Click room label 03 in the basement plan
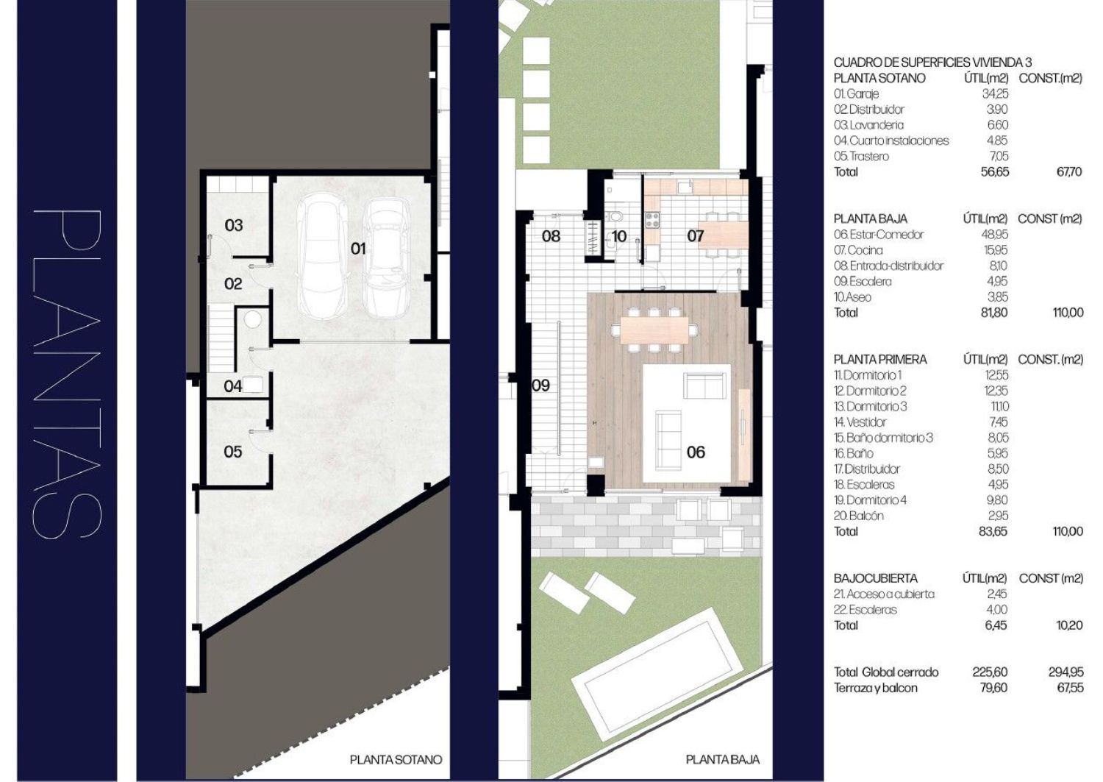233,225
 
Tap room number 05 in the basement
233,452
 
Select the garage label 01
358,249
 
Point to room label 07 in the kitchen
696,236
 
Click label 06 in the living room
696,452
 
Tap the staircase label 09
540,385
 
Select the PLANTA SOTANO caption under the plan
396,759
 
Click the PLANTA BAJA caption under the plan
722,759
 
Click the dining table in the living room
654,330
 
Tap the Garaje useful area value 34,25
995,93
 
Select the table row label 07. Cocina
858,250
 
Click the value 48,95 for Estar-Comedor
995,234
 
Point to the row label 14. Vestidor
860,422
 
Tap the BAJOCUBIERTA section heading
876,578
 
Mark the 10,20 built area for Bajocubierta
1069,625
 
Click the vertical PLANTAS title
67,374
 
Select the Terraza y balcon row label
876,688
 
